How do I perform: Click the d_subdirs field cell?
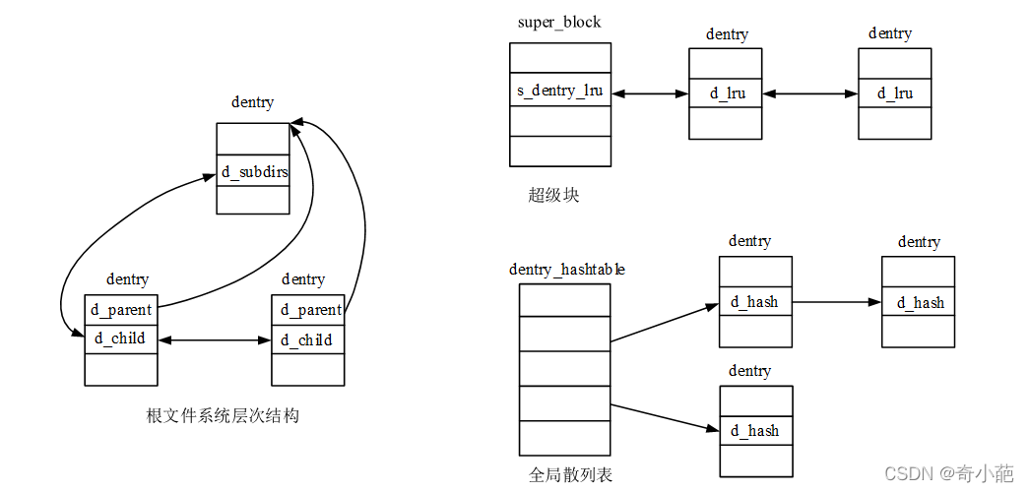[x=253, y=172]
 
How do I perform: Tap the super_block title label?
[x=559, y=22]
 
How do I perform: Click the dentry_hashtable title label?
[x=566, y=269]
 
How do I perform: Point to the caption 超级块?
[x=553, y=195]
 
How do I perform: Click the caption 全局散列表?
[x=570, y=475]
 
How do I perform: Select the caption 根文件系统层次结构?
[x=223, y=415]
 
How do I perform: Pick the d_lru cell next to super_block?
[x=727, y=93]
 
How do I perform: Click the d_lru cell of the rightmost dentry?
[x=895, y=93]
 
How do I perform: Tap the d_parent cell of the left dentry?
[x=121, y=310]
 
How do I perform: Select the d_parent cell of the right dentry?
[x=309, y=310]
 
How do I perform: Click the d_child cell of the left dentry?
[x=121, y=339]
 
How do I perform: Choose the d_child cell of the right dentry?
[x=308, y=340]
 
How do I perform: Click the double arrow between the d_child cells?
[x=215, y=340]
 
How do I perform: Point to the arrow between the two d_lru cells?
[x=810, y=93]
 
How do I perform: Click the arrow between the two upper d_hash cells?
[x=837, y=302]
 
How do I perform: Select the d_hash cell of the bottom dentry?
[x=756, y=431]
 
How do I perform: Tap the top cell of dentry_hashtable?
[x=564, y=300]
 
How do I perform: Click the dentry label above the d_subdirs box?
[x=252, y=102]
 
